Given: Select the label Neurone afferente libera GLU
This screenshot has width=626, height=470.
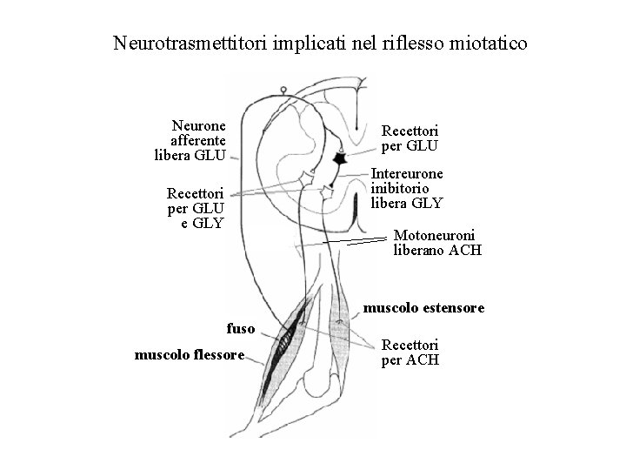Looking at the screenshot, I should point(190,140).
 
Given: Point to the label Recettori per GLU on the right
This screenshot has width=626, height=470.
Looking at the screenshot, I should point(410,138).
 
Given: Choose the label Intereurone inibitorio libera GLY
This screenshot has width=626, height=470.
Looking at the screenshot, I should point(406,187).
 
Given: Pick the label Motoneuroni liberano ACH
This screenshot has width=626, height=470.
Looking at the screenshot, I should point(437,243).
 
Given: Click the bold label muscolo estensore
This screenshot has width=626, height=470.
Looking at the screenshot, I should point(423,308).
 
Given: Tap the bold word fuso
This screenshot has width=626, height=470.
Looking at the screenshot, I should point(241,329).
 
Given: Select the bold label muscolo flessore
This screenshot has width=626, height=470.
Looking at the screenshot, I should point(190,354).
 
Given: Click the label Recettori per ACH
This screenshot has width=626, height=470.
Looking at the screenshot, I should point(410,352).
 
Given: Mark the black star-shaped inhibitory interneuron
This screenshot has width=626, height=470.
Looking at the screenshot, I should point(341,158).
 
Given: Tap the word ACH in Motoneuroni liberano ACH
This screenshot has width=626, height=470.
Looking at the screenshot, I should point(464,251).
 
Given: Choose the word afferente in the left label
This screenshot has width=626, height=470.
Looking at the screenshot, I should point(198,140).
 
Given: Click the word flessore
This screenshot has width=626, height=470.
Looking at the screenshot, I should point(217,354).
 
